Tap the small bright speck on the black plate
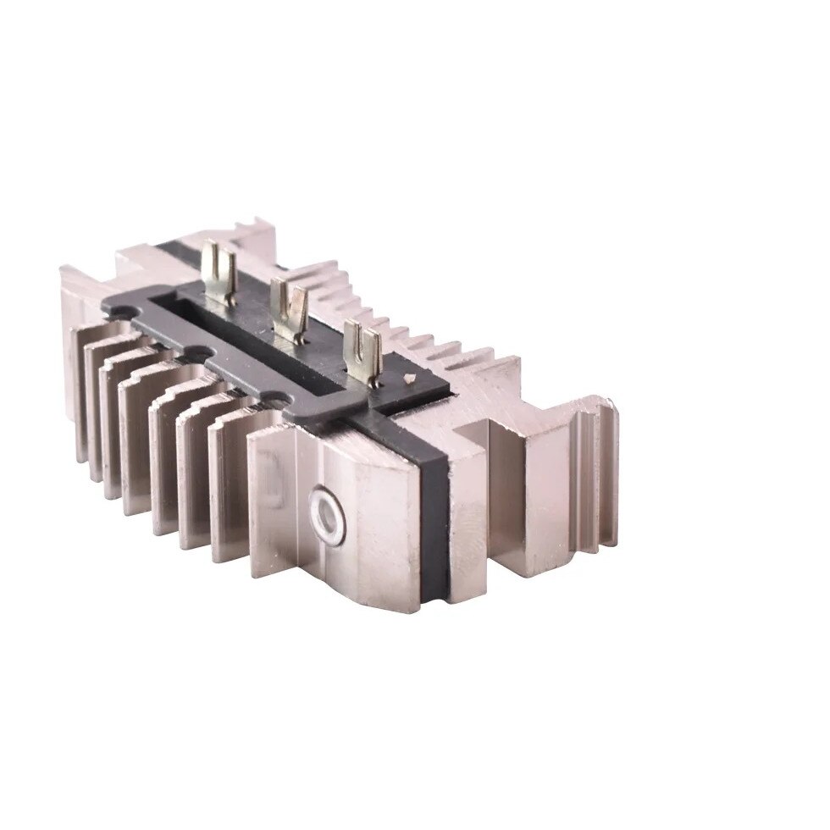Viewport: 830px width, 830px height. (410, 379)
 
